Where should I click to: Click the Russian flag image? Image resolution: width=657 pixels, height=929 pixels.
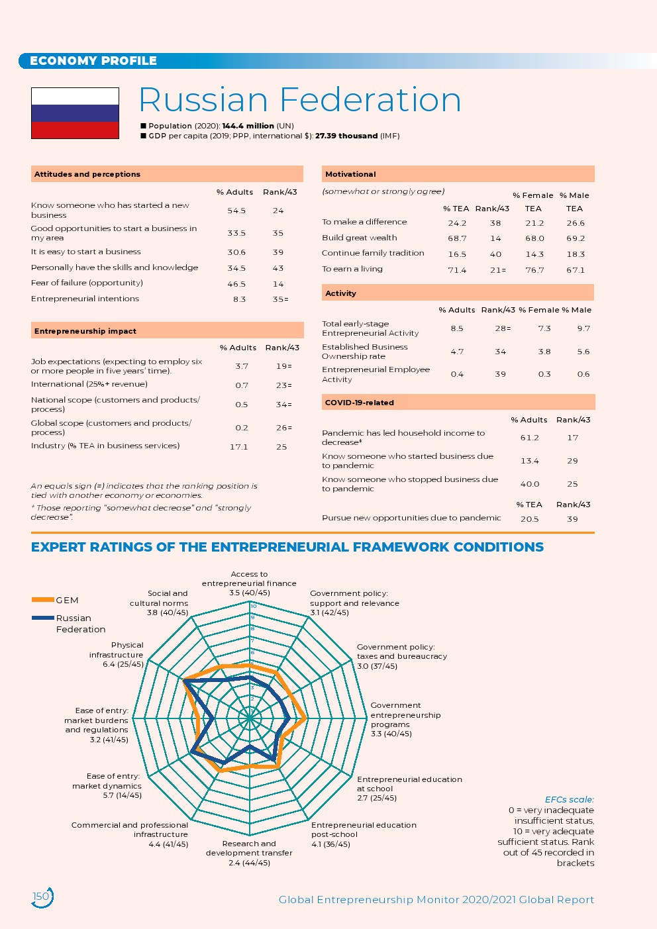tap(75, 113)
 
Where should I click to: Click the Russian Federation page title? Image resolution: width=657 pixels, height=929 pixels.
tap(299, 100)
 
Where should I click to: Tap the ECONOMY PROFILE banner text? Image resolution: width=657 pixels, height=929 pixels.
tap(93, 61)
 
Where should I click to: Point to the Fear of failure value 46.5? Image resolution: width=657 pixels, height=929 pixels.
tap(236, 284)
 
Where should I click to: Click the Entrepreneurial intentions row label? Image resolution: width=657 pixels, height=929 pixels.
tap(85, 299)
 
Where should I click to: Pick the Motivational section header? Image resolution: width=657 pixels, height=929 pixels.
tap(350, 174)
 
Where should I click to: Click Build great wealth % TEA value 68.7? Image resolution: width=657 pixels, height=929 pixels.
tap(457, 238)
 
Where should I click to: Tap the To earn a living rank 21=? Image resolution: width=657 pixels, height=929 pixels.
tap(497, 270)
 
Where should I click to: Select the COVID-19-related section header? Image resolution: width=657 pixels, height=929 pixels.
tap(359, 403)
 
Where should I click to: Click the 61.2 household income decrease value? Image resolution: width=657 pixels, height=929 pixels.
tap(529, 438)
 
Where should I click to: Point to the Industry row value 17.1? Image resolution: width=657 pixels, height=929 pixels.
tap(238, 447)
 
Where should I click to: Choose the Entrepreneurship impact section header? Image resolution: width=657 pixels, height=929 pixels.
tap(85, 331)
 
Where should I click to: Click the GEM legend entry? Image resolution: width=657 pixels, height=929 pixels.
tap(67, 600)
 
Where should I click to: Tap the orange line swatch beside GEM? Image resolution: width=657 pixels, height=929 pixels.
tap(42, 600)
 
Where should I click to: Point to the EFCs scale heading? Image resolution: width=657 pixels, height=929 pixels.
tap(569, 799)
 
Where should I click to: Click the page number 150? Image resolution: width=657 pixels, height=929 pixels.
tap(41, 897)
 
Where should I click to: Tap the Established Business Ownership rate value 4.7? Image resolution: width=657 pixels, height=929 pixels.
tap(457, 352)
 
